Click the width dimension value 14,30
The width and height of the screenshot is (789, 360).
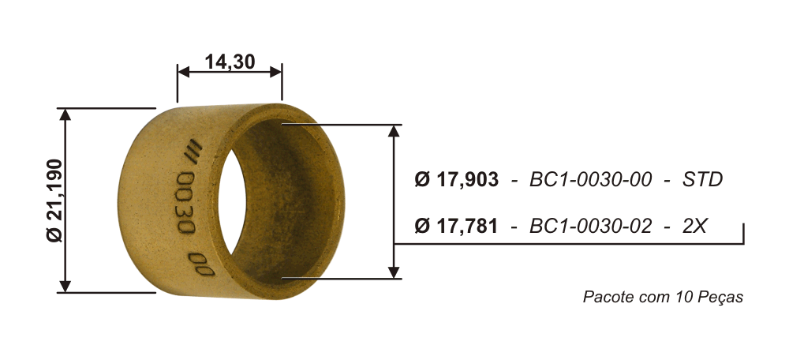230,62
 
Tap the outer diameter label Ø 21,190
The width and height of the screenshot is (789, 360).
55,201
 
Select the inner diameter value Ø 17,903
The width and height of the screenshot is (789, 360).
456,180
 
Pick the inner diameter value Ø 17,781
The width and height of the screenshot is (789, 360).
456,226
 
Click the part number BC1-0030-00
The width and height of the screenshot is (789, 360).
590,180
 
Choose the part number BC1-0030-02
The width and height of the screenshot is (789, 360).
590,226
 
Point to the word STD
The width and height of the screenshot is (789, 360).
702,180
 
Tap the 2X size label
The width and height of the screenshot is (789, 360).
694,226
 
